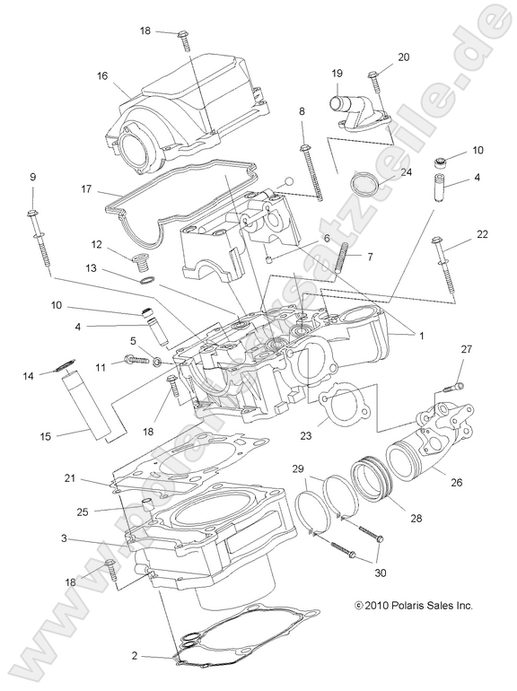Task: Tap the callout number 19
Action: point(338,74)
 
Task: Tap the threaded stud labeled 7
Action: point(340,260)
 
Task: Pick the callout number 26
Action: point(456,483)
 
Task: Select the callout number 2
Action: point(134,656)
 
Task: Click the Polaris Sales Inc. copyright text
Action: point(414,606)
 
